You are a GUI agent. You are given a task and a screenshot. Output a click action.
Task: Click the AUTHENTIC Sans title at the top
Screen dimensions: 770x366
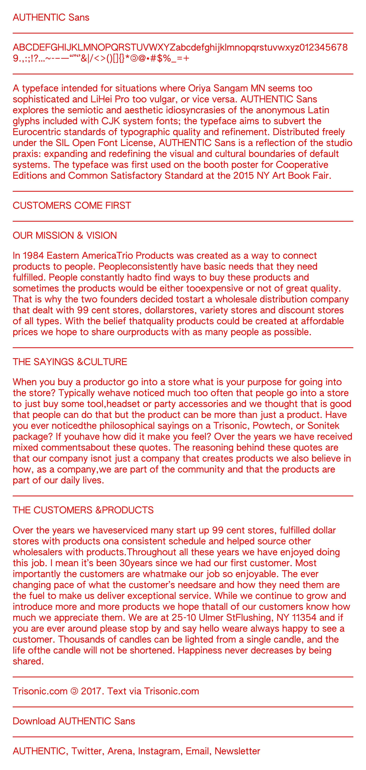51,17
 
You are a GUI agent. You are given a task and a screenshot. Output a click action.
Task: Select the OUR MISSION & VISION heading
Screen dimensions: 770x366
65,236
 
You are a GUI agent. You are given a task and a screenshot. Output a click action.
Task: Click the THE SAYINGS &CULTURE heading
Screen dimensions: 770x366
70,362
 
